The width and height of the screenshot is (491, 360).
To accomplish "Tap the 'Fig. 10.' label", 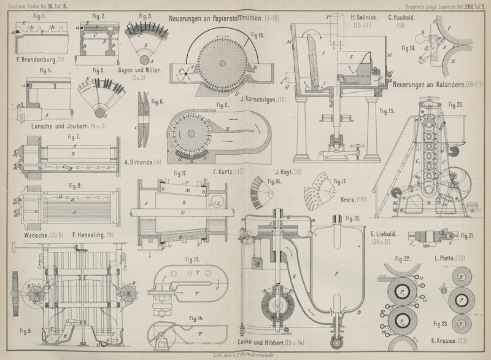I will pyautogui.click(x=257, y=36).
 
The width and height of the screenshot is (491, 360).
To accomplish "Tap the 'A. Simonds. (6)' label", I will pyautogui.click(x=142, y=162).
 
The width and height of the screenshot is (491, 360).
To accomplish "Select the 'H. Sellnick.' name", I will pyautogui.click(x=364, y=18).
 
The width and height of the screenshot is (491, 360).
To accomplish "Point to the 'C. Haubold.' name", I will pyautogui.click(x=403, y=18).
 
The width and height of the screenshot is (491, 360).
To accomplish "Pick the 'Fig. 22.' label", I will pyautogui.click(x=403, y=258).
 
